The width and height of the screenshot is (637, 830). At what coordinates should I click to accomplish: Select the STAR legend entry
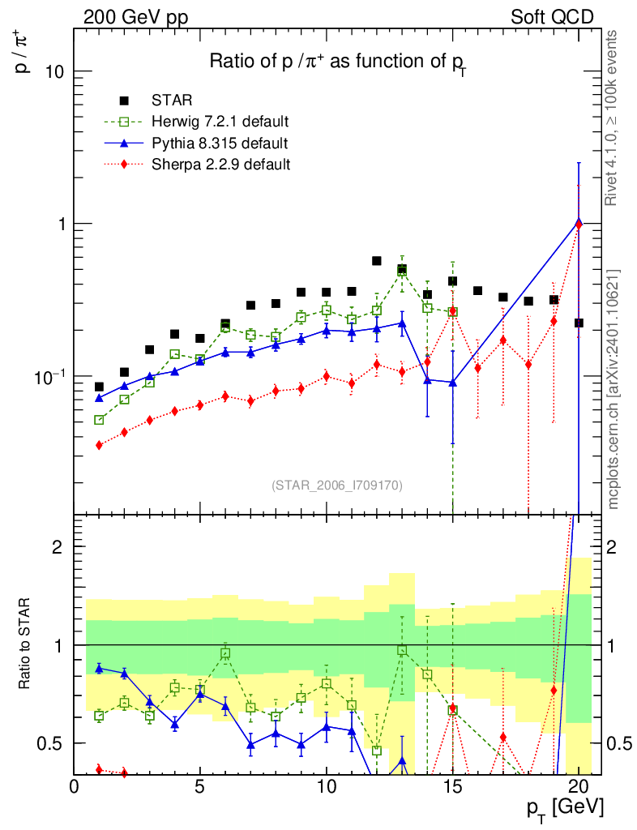(x=172, y=101)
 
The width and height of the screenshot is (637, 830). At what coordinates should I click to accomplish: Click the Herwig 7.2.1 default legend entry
(x=220, y=122)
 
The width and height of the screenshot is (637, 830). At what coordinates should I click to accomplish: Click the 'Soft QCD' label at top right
(x=551, y=16)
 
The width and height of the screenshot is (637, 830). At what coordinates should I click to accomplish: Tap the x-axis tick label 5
(x=200, y=786)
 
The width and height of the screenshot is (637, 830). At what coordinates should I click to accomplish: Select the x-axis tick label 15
(x=452, y=786)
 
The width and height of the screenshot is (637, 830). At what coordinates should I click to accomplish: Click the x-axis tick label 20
(x=578, y=786)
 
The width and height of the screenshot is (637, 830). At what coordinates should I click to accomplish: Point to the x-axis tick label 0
(x=75, y=786)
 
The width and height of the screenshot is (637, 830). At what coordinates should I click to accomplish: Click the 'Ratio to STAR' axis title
(x=26, y=644)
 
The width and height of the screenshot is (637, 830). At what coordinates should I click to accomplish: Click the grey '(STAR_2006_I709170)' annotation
(x=336, y=485)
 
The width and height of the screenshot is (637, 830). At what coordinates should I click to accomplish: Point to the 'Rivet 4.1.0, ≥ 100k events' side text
(x=613, y=118)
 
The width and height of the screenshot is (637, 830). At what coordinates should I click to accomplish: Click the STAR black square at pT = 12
(x=376, y=261)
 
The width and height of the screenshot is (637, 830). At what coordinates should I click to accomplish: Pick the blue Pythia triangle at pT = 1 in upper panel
(x=99, y=398)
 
